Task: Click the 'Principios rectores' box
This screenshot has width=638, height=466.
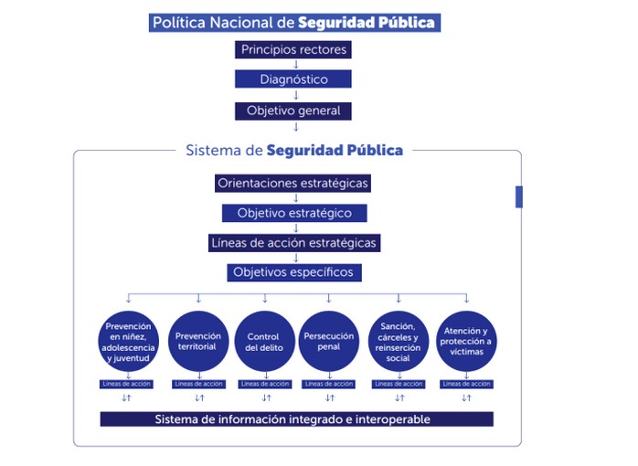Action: pos(293,49)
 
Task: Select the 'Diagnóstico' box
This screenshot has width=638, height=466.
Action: pos(293,79)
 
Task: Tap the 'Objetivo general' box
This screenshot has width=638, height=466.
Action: pos(293,111)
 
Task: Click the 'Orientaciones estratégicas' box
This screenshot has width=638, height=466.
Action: pos(293,183)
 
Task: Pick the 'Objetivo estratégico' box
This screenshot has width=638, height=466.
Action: pos(293,213)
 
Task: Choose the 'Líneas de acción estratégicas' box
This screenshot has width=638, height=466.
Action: pos(293,243)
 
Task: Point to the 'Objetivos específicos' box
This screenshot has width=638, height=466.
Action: pos(293,272)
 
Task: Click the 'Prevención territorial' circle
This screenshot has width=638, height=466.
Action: pos(198,342)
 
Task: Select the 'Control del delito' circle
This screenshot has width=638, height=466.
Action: pos(264,342)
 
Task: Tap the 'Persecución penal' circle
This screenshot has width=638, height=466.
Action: pos(328,342)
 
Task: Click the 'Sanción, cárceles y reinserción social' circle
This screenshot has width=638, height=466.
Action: pos(399,342)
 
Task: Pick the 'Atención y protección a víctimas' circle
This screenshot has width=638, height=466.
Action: pos(466,342)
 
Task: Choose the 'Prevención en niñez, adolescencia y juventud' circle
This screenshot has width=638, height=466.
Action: pos(129,342)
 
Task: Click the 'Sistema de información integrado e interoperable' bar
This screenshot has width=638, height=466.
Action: pos(296,419)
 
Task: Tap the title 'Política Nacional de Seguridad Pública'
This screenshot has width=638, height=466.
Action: pos(292,23)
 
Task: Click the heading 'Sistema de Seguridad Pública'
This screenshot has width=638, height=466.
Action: pos(293,150)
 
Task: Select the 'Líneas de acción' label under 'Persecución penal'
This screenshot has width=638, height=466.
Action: pos(328,384)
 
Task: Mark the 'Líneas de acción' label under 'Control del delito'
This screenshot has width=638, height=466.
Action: pos(264,384)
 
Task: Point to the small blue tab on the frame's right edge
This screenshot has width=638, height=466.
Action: pos(519,196)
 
